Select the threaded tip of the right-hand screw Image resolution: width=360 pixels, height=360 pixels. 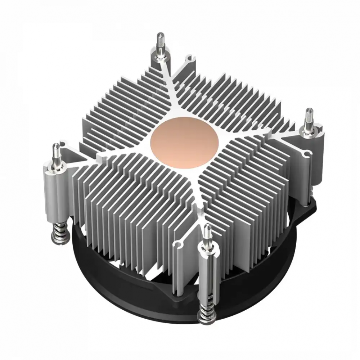[x=309, y=116]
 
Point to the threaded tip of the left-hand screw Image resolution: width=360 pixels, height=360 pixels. [x=56, y=150]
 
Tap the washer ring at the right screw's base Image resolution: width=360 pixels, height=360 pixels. [x=309, y=132]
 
